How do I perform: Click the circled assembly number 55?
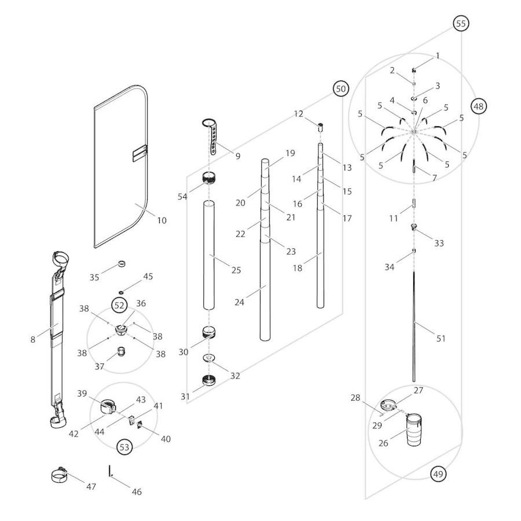click(x=461, y=24)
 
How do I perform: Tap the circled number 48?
click(x=478, y=107)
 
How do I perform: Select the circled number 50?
click(x=340, y=89)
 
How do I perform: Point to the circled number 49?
click(x=438, y=474)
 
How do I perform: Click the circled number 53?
click(x=124, y=446)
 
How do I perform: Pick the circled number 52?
click(x=119, y=304)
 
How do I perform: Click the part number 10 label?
click(x=162, y=220)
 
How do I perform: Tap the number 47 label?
click(x=91, y=487)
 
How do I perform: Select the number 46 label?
click(x=137, y=492)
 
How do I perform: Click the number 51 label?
click(x=441, y=339)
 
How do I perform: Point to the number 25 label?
click(x=236, y=270)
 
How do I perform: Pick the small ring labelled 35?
click(x=122, y=265)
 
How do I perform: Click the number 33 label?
click(x=439, y=244)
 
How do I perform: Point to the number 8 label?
click(x=33, y=340)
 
